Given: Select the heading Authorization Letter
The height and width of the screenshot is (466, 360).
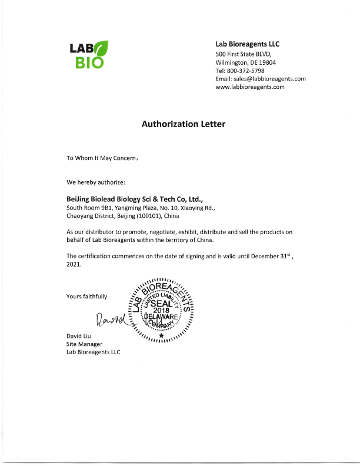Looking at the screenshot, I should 183,124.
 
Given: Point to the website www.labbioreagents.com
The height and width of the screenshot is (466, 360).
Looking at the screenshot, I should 250,86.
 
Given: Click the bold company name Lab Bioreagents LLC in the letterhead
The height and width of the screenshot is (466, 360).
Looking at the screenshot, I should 248,44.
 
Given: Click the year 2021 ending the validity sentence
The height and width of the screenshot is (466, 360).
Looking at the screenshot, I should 74,264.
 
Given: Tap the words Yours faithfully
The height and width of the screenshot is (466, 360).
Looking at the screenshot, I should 87,296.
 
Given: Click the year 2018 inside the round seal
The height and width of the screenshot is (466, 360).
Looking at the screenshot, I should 161,311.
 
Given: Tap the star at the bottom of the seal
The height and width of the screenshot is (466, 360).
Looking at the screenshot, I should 161,335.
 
